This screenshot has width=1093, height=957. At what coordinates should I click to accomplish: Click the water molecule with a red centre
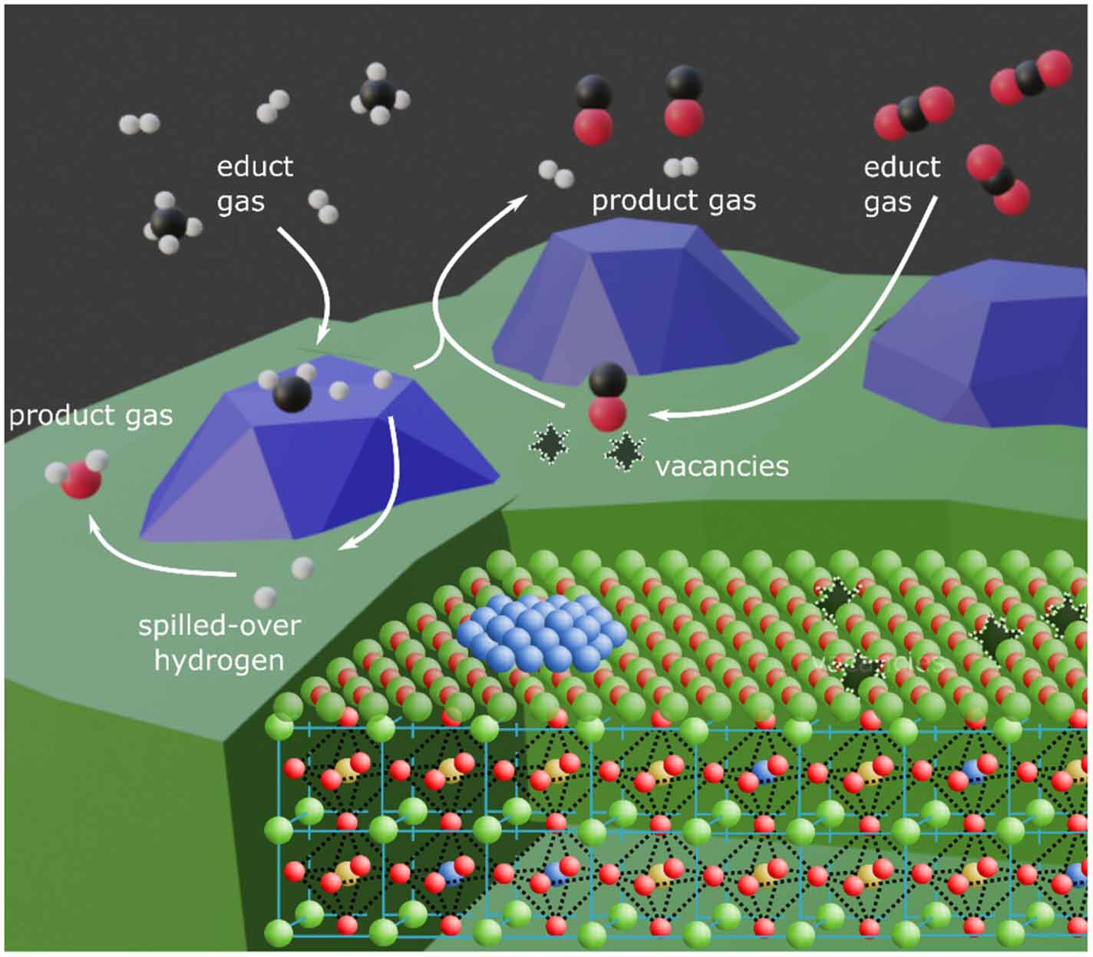(x=78, y=477)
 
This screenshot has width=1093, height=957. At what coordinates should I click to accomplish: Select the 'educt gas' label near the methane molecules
(x=254, y=184)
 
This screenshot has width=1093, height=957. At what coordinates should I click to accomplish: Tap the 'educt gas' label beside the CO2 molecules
(x=901, y=184)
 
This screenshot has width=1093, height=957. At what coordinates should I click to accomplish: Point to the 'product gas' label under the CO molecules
(x=673, y=201)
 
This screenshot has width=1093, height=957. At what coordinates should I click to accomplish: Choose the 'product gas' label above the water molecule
(x=91, y=416)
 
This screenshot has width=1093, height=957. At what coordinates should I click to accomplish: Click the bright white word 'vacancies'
(x=722, y=467)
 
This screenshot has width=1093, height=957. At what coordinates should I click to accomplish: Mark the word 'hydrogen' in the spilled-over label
(x=219, y=660)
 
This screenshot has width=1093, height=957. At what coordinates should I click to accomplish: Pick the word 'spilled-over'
(x=219, y=625)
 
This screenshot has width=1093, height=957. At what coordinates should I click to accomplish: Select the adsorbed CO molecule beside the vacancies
(x=607, y=396)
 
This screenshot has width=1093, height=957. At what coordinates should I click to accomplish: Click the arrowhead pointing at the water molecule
(x=94, y=524)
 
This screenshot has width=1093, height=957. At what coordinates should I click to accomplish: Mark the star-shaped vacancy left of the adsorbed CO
(x=550, y=443)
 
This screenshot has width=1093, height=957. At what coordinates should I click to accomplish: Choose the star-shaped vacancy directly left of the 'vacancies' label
(x=625, y=452)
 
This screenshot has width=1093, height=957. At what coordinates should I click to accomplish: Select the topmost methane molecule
(x=378, y=94)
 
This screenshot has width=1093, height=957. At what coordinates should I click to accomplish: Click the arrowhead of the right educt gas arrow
(x=655, y=415)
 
